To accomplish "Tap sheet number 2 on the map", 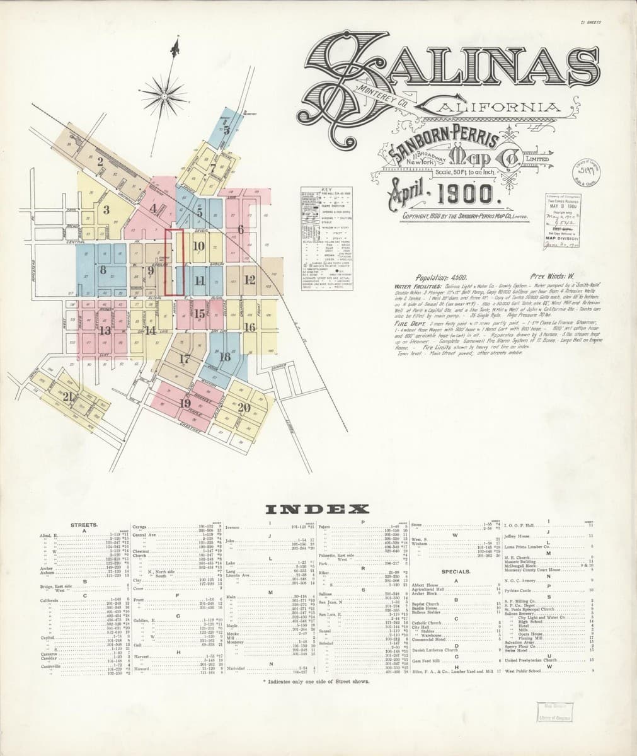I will (x=100, y=161).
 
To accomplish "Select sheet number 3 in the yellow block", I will (x=107, y=210).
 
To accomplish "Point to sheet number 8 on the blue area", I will (x=103, y=270).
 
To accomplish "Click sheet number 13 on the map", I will (x=105, y=329).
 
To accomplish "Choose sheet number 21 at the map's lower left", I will (x=69, y=397).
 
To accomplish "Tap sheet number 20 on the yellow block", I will (x=244, y=407).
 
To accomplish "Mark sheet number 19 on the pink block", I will (x=185, y=403).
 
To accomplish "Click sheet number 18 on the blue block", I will (x=224, y=357).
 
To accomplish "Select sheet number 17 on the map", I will (x=185, y=359).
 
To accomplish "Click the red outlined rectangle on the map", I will (x=174, y=262).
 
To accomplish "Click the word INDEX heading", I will (x=317, y=509).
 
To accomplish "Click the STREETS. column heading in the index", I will (x=84, y=524).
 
